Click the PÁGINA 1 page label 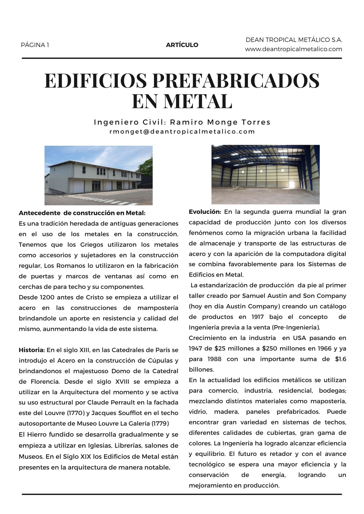point(35,45)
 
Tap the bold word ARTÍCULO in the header point(182,45)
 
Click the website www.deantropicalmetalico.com point(293,49)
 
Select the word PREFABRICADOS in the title point(236,80)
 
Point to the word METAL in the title point(198,101)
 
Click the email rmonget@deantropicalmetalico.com point(182,132)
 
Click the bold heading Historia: point(32,350)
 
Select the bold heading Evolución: point(205,212)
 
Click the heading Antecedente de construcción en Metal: point(82,213)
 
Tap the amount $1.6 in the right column point(341,359)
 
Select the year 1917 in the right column point(257,317)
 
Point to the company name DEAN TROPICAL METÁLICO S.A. point(294,40)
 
